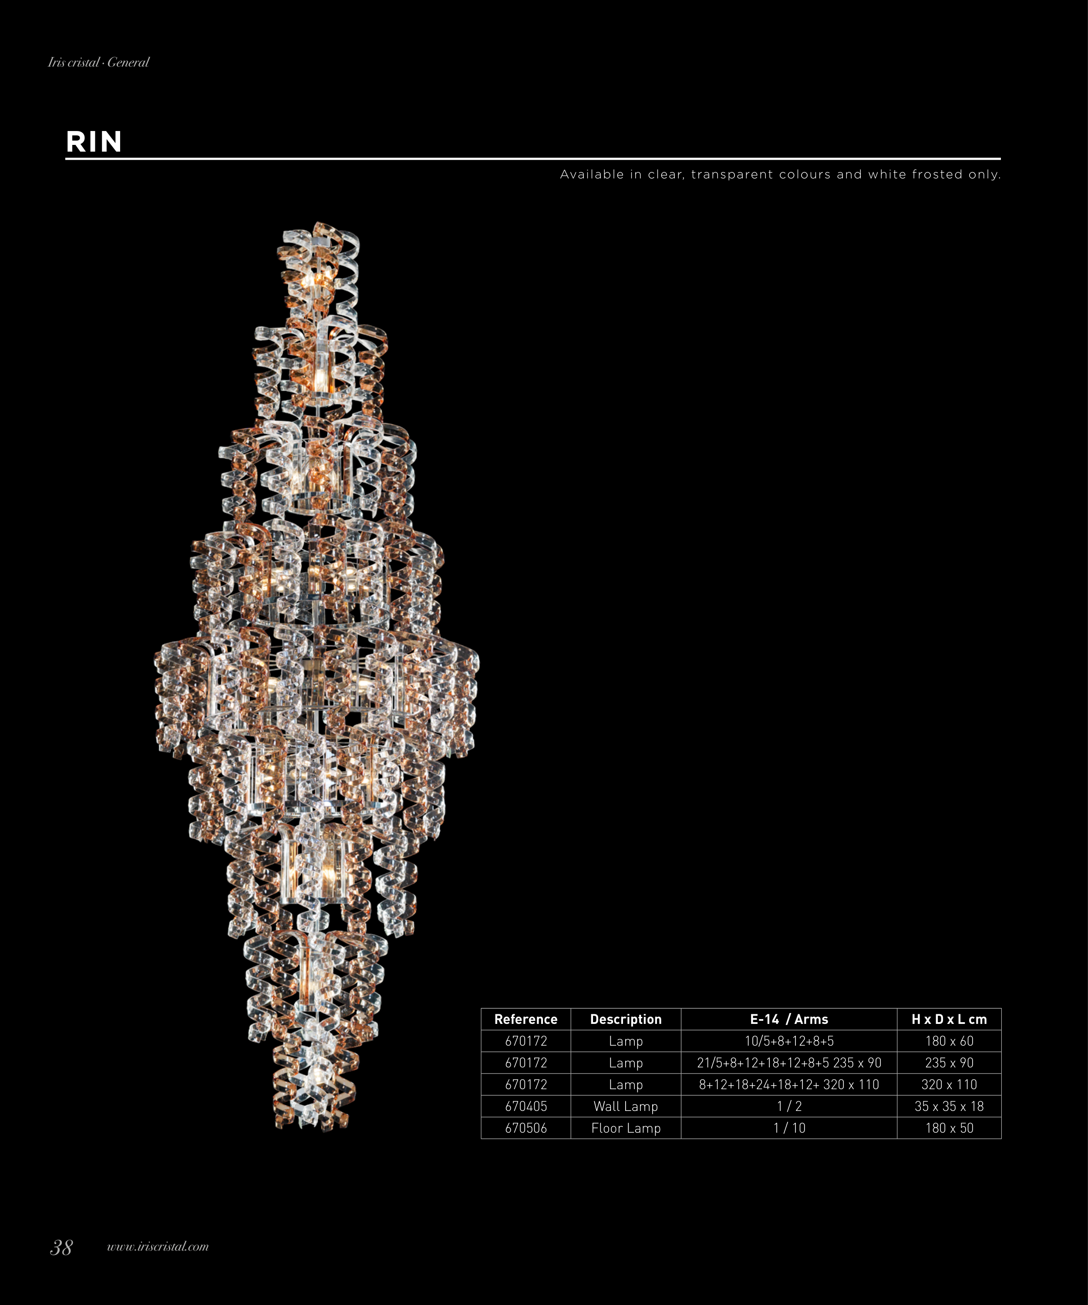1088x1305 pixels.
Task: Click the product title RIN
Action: tap(94, 142)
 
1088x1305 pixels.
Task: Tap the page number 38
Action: tap(61, 1247)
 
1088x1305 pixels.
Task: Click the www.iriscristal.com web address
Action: tap(158, 1247)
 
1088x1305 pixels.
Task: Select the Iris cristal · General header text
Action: tap(99, 62)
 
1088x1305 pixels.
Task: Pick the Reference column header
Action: tap(526, 1019)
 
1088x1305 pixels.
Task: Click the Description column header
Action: tap(626, 1019)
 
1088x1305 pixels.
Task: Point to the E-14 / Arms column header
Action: tap(789, 1019)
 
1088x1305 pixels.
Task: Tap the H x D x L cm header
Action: tap(950, 1019)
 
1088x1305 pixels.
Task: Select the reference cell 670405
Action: tap(526, 1106)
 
